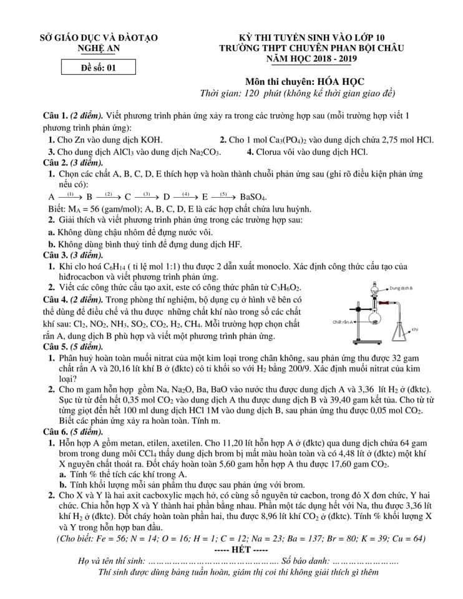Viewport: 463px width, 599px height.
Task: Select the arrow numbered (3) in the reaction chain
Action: click(147, 195)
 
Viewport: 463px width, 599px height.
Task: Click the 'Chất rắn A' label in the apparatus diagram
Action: click(343, 322)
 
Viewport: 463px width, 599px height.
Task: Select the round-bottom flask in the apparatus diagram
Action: click(375, 319)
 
